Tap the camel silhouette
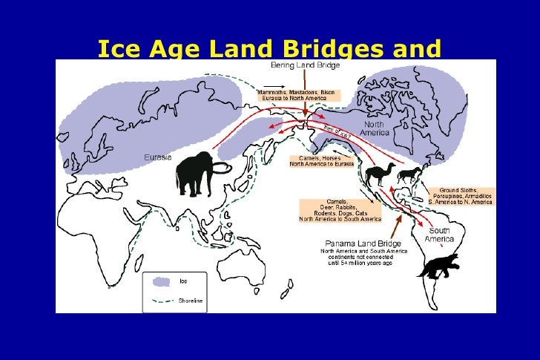pyautogui.click(x=379, y=175)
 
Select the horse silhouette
pyautogui.click(x=409, y=176)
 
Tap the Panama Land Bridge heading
pyautogui.click(x=363, y=243)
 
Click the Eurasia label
pyautogui.click(x=157, y=157)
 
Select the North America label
pyautogui.click(x=375, y=128)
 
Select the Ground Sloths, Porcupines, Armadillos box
pyautogui.click(x=461, y=196)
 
